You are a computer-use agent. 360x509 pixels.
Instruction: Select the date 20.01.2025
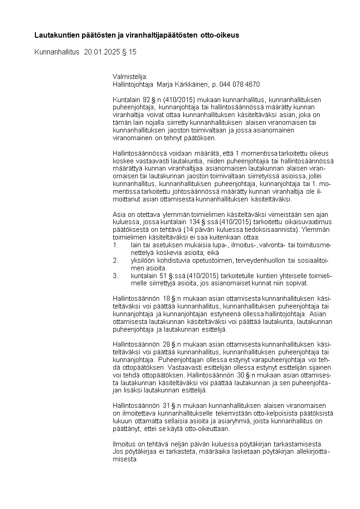click(102, 52)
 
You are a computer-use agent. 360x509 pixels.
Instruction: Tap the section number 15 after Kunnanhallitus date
click(132, 52)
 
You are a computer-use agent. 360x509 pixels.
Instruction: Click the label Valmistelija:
click(130, 77)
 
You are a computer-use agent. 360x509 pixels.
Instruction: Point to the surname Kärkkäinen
click(186, 84)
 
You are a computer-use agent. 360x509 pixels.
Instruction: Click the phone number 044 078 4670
click(239, 84)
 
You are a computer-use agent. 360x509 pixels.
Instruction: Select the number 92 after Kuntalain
click(146, 99)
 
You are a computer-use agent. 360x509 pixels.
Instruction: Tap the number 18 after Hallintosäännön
click(166, 298)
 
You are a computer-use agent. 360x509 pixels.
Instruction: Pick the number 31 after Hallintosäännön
click(166, 405)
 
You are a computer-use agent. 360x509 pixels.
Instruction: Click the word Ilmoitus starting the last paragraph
click(124, 443)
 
